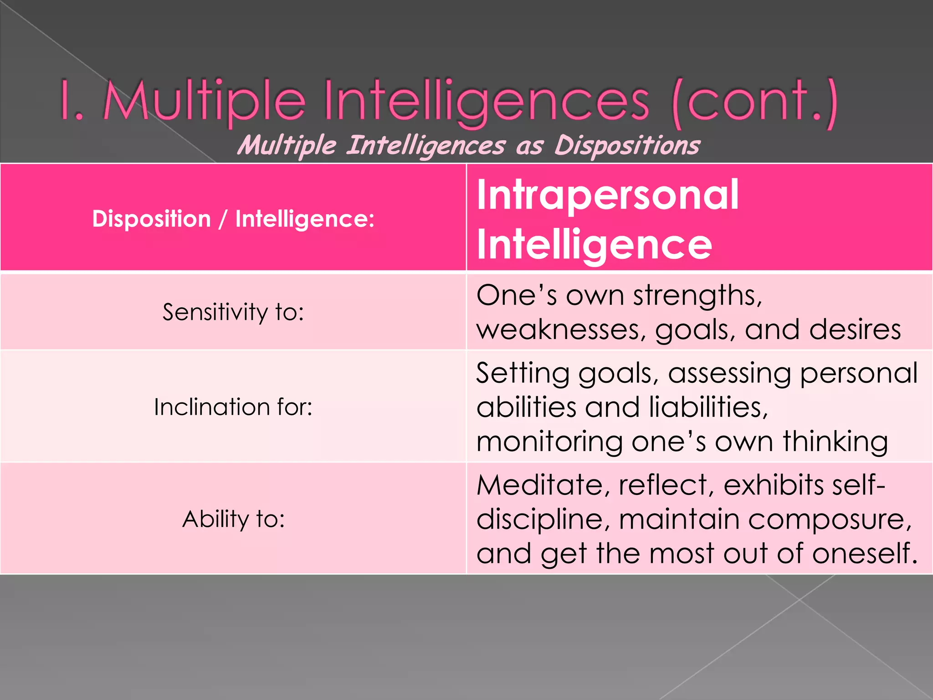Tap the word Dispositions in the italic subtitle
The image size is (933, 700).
click(x=627, y=146)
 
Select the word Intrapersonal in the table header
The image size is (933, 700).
click(x=607, y=195)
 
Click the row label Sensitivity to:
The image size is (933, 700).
click(x=233, y=312)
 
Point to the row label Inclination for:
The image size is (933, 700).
click(x=233, y=407)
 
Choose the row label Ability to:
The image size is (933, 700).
click(x=233, y=519)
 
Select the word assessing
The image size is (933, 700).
click(x=729, y=373)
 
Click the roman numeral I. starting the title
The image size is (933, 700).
click(x=72, y=101)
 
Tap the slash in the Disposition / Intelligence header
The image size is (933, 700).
click(x=223, y=219)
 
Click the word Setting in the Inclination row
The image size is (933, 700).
click(x=523, y=373)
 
